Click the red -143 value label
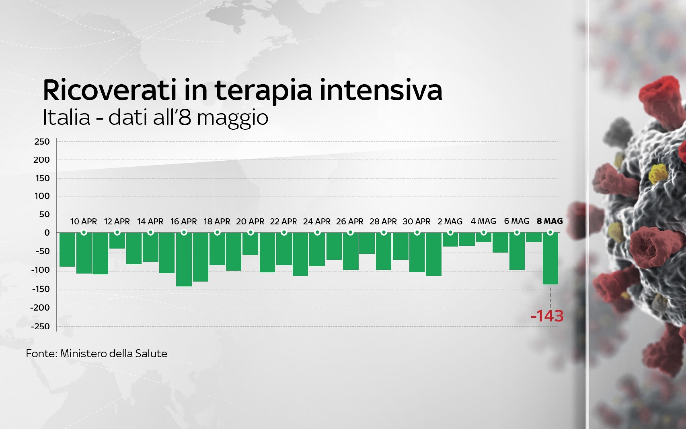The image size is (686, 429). pos(547,316)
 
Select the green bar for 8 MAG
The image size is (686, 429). pos(550,258)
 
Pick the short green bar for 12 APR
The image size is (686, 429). pos(117,241)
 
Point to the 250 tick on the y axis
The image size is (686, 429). pos(42,142)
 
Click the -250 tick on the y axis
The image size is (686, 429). pos(40,326)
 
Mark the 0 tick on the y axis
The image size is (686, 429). pos(47,233)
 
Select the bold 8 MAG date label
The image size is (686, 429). pos(549,221)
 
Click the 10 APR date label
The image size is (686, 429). pos(83,221)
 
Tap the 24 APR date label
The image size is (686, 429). pos(317,221)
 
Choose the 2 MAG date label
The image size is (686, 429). pos(450,221)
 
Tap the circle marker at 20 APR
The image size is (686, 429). pos(251,232)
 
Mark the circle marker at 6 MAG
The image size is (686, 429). pos(517,232)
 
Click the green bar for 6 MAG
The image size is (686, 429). pos(517,251)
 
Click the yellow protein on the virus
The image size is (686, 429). pos(658,174)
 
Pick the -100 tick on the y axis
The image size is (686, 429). pos(40,270)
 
